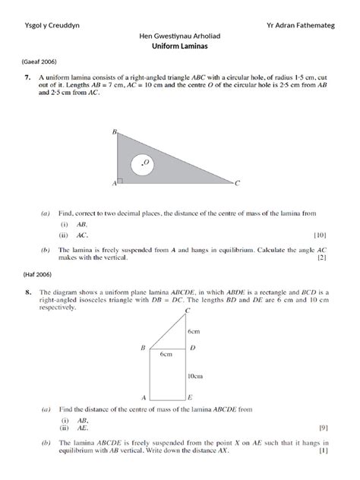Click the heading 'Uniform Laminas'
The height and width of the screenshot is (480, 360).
tap(179, 46)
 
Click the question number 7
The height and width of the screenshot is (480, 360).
tap(28, 77)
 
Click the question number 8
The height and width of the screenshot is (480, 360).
tap(28, 292)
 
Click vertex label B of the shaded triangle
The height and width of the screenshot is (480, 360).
tap(114, 131)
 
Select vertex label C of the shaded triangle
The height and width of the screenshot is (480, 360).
tap(238, 183)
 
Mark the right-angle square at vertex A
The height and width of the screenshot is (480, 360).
tap(121, 182)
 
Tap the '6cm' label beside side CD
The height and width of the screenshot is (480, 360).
tap(194, 331)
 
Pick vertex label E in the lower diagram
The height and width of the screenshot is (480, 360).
tap(189, 398)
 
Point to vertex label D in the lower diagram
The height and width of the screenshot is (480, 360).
tap(191, 348)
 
